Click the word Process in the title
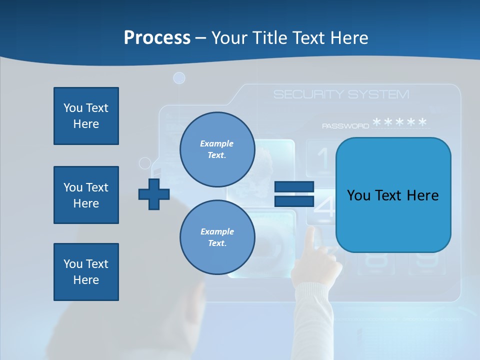click(157, 38)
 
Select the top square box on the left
click(86, 116)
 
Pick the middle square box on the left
click(86, 195)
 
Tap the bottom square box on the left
click(86, 271)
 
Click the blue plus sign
click(154, 194)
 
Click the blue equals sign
click(294, 194)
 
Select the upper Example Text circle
click(217, 149)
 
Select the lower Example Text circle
click(217, 237)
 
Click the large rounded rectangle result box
click(393, 195)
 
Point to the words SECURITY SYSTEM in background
click(341, 94)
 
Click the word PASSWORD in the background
click(345, 126)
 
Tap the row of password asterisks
click(400, 122)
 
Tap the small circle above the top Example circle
click(179, 78)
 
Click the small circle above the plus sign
click(145, 163)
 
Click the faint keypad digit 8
click(379, 260)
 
